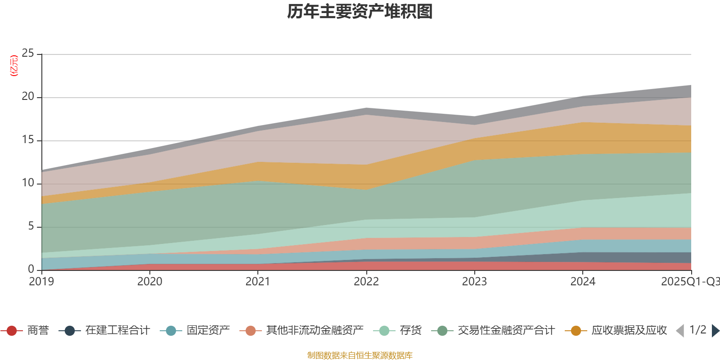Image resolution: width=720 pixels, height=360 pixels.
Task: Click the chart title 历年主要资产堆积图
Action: click(360, 12)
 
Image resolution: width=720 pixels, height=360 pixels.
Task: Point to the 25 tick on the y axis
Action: click(28, 54)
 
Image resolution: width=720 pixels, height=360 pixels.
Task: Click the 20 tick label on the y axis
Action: click(28, 97)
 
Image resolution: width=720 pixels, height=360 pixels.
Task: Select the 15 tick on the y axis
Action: click(28, 140)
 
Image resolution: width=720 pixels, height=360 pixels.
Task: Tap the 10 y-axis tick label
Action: click(28, 183)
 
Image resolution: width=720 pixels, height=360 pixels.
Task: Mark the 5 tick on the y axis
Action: click(31, 226)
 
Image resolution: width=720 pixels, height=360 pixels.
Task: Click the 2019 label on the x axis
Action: click(41, 282)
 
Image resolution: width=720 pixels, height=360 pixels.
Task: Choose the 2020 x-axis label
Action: click(150, 282)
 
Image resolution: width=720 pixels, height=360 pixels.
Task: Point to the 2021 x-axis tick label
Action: click(258, 282)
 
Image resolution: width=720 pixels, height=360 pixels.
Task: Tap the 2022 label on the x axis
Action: click(366, 282)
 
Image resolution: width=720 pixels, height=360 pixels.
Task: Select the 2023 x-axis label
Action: click(474, 282)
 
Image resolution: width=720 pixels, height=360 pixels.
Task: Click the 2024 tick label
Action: click(583, 282)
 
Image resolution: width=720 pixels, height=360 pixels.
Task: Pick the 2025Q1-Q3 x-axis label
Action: click(690, 282)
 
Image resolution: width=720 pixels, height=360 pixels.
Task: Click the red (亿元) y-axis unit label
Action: click(14, 66)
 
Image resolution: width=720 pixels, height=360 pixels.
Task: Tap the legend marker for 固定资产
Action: click(171, 331)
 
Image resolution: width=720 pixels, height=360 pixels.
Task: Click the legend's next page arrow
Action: click(715, 331)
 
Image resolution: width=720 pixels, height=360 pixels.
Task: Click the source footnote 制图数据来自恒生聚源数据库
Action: click(360, 355)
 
